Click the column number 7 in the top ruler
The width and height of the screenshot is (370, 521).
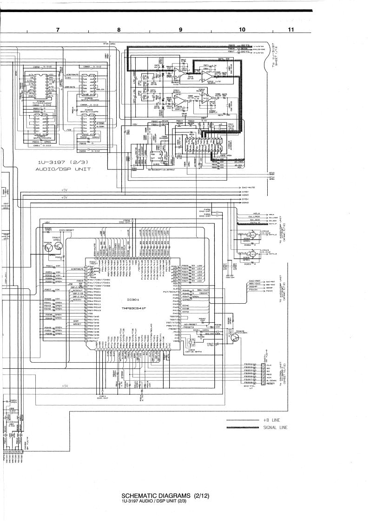pyautogui.click(x=58, y=30)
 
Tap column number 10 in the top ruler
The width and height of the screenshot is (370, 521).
pyautogui.click(x=242, y=30)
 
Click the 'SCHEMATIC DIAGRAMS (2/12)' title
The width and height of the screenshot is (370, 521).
pyautogui.click(x=165, y=495)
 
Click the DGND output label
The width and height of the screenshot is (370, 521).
pyautogui.click(x=247, y=203)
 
